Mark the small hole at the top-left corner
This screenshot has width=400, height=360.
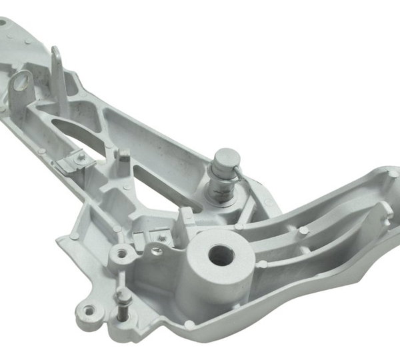(x=4, y=22)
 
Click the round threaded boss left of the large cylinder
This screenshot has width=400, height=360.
(x=121, y=254)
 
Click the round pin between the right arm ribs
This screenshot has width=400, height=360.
(x=304, y=231)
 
